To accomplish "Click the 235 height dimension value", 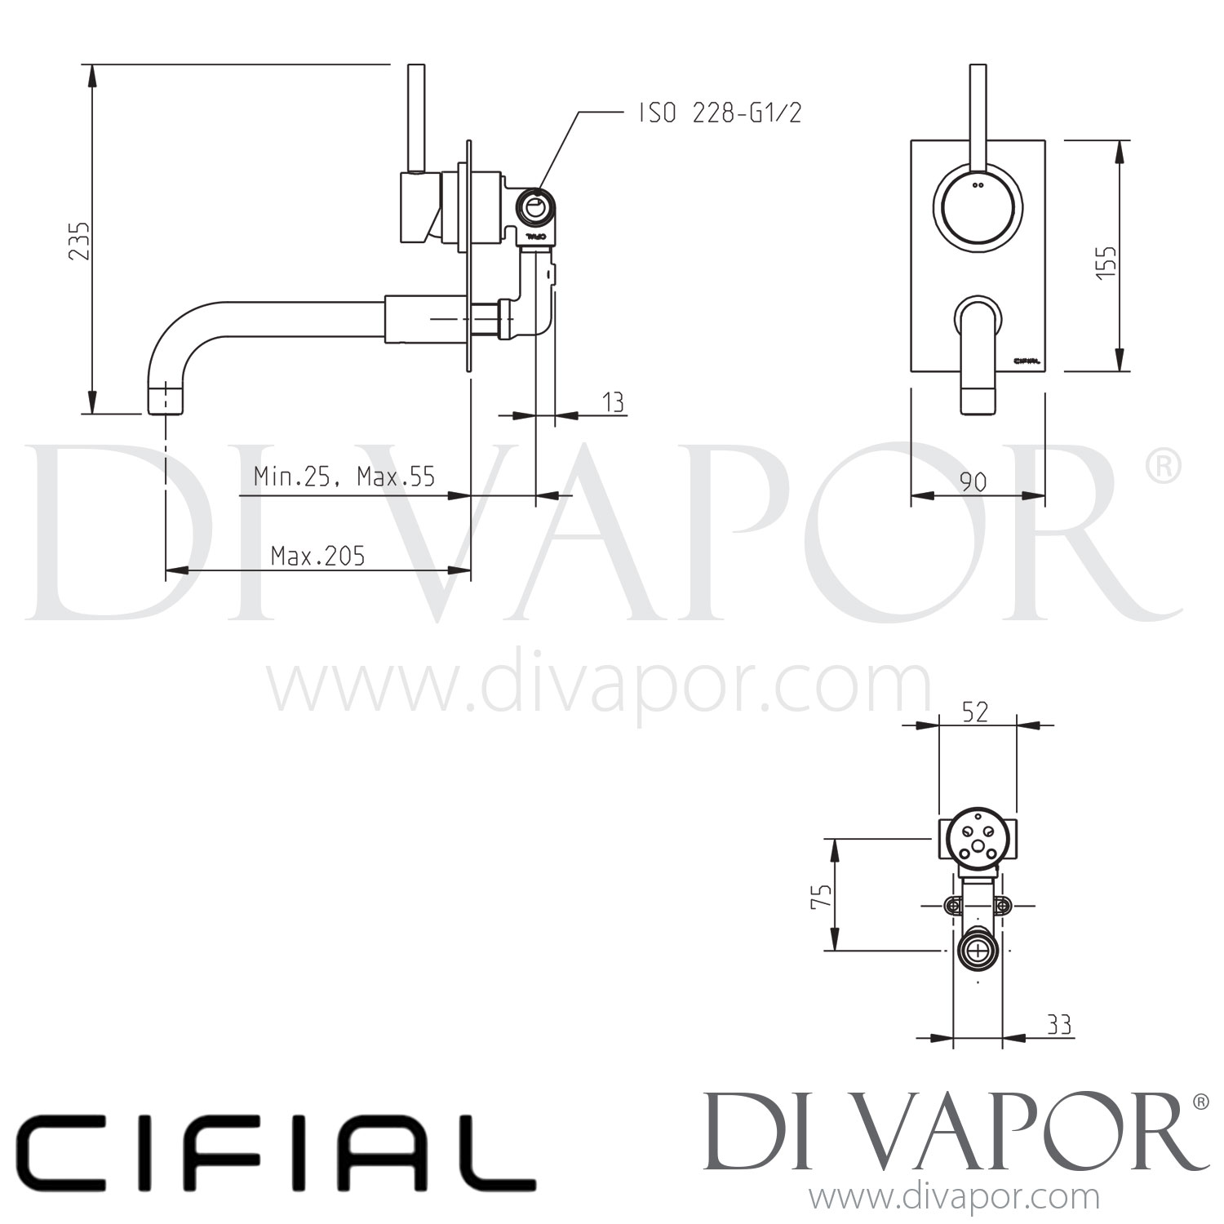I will click(x=79, y=241).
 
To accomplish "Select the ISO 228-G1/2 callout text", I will click(x=720, y=113).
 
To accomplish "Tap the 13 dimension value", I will click(x=613, y=401).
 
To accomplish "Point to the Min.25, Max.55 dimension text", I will click(x=344, y=476).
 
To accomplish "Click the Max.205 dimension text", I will click(x=317, y=557).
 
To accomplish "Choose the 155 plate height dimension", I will click(x=1106, y=263).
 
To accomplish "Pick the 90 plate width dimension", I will click(x=973, y=482).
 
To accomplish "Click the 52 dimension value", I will click(x=975, y=712).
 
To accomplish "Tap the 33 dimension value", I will click(x=1058, y=1024).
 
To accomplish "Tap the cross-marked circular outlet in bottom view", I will click(x=977, y=951).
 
